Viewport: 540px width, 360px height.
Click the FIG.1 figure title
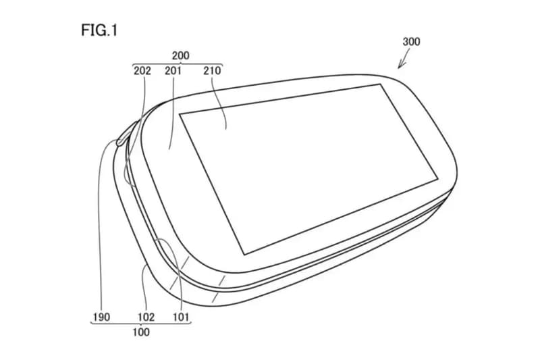[99, 30]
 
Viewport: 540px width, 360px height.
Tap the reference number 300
[411, 42]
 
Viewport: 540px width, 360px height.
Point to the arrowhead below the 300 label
[400, 65]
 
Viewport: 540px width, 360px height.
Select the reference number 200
[181, 55]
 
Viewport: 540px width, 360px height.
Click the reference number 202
[142, 71]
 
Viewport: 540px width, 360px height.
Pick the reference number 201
[173, 71]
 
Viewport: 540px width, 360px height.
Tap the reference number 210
[212, 71]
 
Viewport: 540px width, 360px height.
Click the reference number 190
[102, 317]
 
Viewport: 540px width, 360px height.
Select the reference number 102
[146, 317]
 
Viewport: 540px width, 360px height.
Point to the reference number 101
[181, 317]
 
